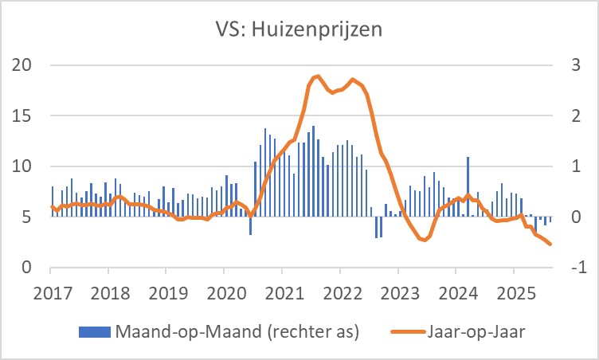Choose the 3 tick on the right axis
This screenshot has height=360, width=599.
coord(570,65)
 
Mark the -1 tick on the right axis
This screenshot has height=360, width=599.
coord(573,268)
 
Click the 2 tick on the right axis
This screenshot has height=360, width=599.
coord(570,116)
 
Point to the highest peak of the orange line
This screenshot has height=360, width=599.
coord(318,76)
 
